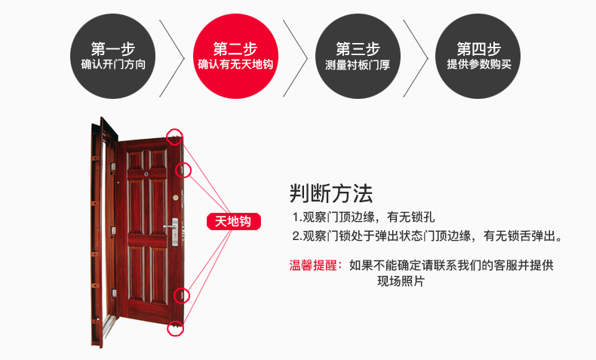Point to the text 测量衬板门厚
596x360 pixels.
(358, 65)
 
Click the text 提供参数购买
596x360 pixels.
(478, 65)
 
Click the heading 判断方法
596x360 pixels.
(331, 194)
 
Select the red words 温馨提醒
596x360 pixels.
(315, 266)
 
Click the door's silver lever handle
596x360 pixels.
(172, 226)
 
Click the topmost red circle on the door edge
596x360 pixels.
(175, 136)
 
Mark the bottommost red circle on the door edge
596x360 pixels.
(176, 328)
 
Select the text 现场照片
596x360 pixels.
(401, 281)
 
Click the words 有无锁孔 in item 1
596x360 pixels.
(421, 217)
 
